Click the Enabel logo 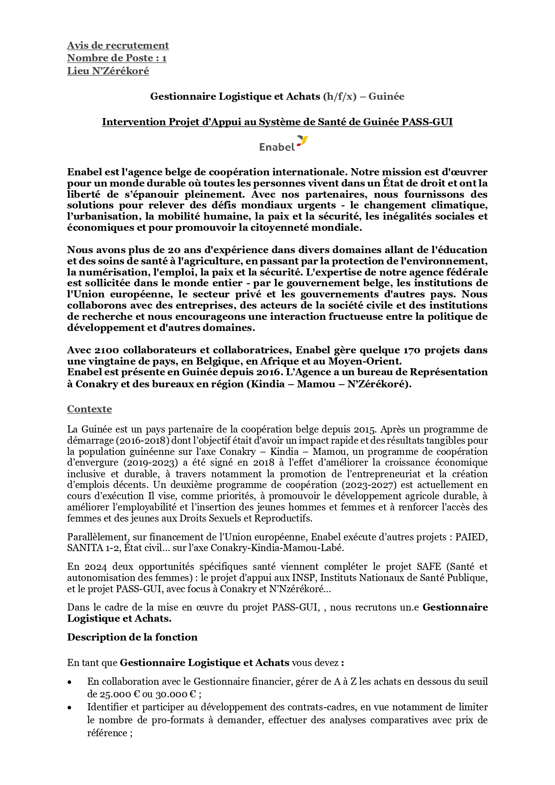[284, 144]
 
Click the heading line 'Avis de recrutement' [118, 45]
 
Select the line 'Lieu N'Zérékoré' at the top [108, 71]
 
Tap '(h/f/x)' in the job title [339, 96]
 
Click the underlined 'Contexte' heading [89, 409]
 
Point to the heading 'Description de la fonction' [132, 637]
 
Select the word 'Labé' [331, 547]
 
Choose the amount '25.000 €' [106, 694]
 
